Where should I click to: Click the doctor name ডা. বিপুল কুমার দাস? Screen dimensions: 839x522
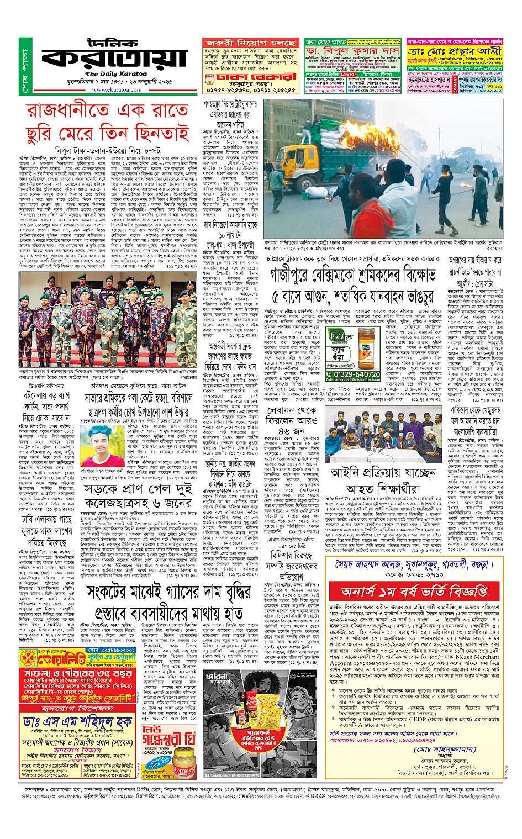(352, 50)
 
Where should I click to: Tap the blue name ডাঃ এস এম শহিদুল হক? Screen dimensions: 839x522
(77, 721)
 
